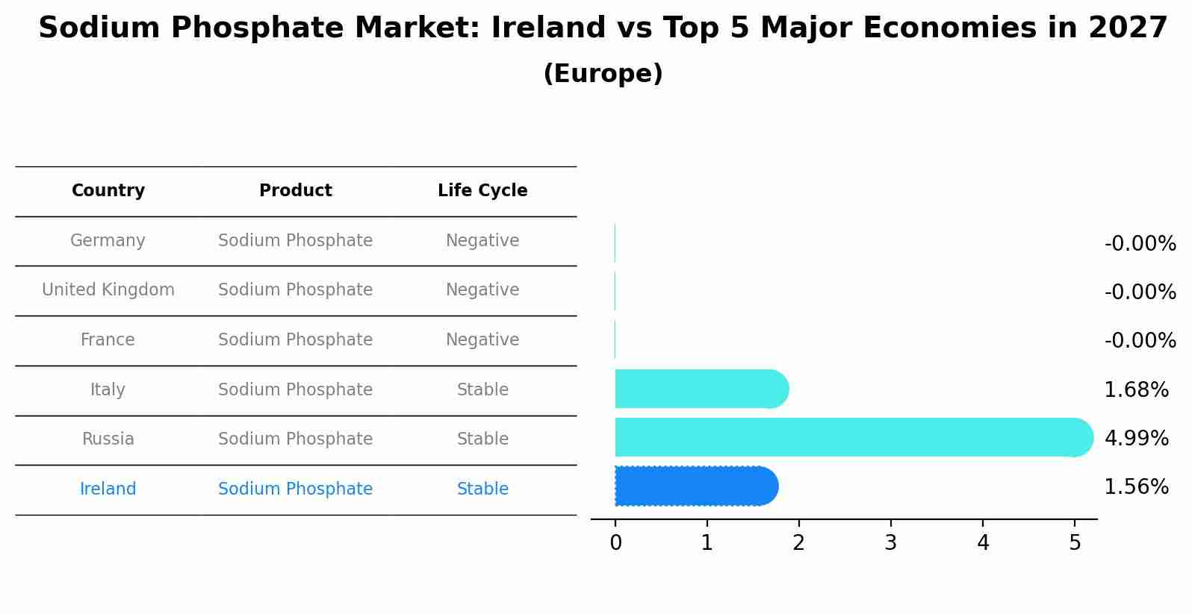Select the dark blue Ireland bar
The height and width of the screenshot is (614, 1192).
[695, 486]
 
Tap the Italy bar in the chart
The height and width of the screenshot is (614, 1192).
[701, 389]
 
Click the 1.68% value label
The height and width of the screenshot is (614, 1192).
[1136, 389]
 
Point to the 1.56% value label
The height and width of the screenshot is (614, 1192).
[1136, 487]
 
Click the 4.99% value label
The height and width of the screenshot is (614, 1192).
[1136, 438]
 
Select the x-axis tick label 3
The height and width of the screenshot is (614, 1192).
[890, 543]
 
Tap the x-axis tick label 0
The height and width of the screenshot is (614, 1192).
[615, 543]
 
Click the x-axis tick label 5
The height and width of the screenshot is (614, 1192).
[1075, 543]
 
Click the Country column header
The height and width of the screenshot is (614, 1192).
[108, 191]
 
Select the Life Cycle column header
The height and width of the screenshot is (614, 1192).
[482, 191]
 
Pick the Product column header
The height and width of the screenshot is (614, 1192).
[296, 191]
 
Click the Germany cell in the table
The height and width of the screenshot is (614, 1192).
[108, 241]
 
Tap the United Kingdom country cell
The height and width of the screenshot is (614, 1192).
[108, 290]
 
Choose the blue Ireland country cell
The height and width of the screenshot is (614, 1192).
[108, 489]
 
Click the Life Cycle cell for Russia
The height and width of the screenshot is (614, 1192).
[482, 439]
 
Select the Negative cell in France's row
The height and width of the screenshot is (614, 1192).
[482, 340]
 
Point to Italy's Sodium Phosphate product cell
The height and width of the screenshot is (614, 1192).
[295, 390]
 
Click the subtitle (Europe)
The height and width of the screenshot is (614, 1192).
[603, 74]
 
